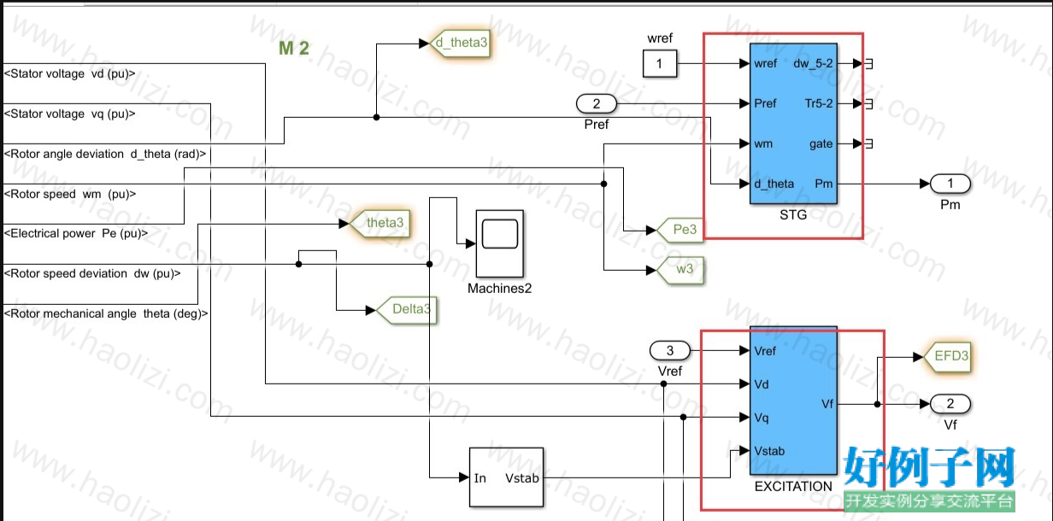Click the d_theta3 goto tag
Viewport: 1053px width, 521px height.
click(461, 44)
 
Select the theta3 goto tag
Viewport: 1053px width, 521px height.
click(379, 223)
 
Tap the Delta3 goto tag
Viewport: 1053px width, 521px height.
click(406, 309)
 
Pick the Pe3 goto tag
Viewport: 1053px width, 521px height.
click(679, 230)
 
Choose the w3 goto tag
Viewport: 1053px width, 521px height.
click(679, 270)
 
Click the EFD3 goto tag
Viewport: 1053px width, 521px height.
click(947, 356)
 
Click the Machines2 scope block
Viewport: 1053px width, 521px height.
click(500, 243)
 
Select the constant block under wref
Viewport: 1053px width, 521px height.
click(660, 63)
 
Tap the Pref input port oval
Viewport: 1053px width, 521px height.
click(596, 103)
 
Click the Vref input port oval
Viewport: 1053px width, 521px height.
click(670, 350)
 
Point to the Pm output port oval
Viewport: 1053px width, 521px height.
click(950, 184)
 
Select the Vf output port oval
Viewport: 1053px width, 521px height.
click(950, 403)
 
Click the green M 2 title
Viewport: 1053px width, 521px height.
click(294, 49)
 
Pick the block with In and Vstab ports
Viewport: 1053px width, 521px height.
click(506, 477)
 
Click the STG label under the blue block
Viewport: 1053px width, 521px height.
click(793, 215)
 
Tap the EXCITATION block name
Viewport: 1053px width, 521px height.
click(793, 487)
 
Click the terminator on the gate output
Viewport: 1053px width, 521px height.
click(868, 143)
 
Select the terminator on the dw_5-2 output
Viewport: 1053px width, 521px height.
click(868, 63)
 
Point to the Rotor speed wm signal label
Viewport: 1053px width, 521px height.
click(70, 195)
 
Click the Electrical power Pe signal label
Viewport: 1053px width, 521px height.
click(76, 233)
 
